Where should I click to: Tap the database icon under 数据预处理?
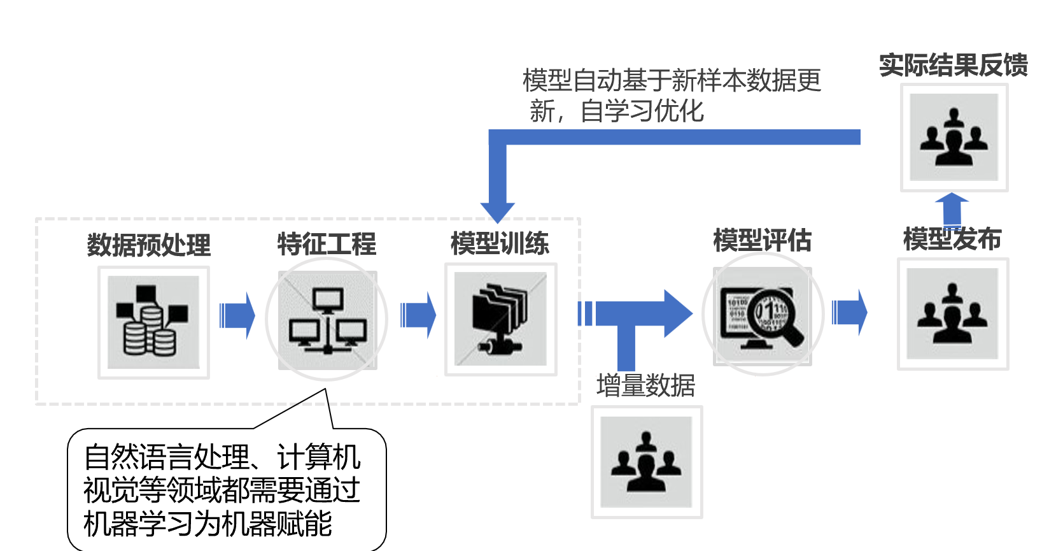(x=153, y=322)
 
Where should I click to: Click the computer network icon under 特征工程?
(x=327, y=320)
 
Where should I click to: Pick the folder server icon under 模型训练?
(x=500, y=319)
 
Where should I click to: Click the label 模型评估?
(x=762, y=241)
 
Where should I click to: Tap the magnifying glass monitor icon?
(x=762, y=316)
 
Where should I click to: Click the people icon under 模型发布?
(x=952, y=313)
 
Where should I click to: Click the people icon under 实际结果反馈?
(x=954, y=137)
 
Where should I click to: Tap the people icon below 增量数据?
(x=646, y=462)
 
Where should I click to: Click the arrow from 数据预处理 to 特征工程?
(x=237, y=315)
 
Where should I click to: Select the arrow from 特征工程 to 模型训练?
(x=418, y=315)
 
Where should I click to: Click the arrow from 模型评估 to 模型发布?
(x=849, y=313)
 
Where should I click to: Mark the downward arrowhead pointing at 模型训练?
(x=497, y=211)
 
